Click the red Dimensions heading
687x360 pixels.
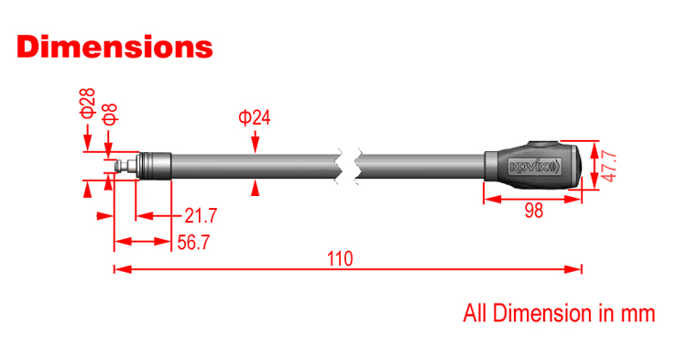pyautogui.click(x=114, y=47)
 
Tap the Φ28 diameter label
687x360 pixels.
pyautogui.click(x=88, y=103)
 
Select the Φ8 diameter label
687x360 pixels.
pyautogui.click(x=111, y=115)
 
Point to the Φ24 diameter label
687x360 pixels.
pyautogui.click(x=254, y=117)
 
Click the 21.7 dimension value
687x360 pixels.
pyautogui.click(x=201, y=215)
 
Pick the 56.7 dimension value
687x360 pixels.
pyautogui.click(x=193, y=242)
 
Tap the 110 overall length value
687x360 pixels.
pyautogui.click(x=340, y=259)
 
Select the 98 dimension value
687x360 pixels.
pyautogui.click(x=534, y=211)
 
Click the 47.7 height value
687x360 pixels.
pyautogui.click(x=609, y=167)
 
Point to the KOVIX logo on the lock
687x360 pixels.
pyautogui.click(x=535, y=167)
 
